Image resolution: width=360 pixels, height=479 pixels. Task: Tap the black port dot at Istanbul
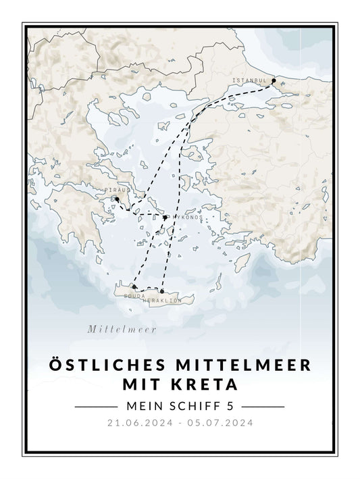273,81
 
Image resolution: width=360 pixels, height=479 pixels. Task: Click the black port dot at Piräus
116,199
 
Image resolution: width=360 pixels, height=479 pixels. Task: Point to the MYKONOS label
186,218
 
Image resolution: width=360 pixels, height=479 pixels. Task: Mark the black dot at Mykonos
165,218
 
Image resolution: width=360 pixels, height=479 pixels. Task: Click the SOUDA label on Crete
135,295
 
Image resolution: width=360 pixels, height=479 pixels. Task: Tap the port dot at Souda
134,287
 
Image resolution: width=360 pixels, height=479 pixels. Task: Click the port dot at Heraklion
162,292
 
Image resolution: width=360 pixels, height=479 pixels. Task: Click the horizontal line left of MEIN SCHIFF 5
96,407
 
